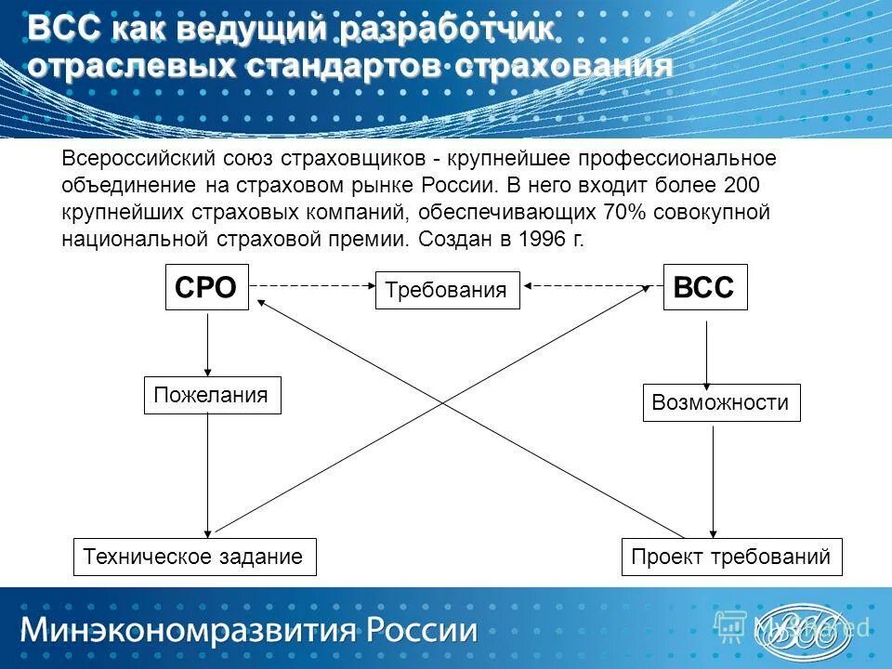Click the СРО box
pos(206,287)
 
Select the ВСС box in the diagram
pos(704,287)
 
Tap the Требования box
pos(447,290)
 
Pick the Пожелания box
pos(212,395)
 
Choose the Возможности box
pos(721,403)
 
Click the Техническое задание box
pos(194,557)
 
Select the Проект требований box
pos(730,557)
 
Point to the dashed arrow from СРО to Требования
pos(312,285)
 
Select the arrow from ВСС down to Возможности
pos(707,352)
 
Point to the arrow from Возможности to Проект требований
pos(712,479)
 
